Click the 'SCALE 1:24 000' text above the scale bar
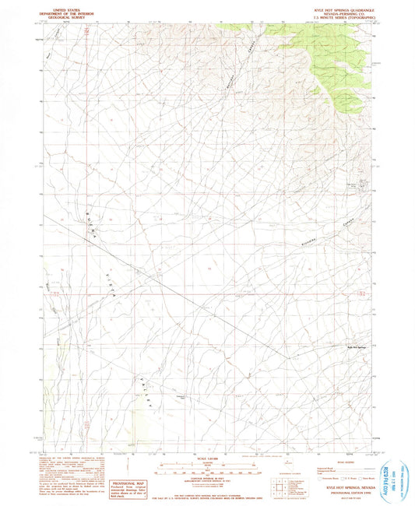pos(207,457)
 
